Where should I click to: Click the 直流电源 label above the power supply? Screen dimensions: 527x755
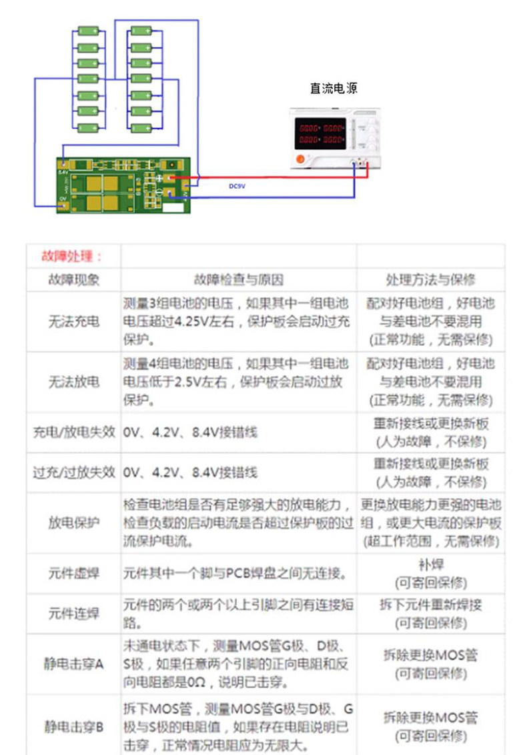click(x=334, y=88)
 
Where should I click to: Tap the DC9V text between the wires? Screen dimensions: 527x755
click(x=237, y=187)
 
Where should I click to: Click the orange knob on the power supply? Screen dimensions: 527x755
click(x=300, y=158)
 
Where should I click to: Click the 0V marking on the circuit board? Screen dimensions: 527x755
click(x=63, y=198)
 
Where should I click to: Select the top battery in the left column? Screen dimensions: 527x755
click(x=87, y=31)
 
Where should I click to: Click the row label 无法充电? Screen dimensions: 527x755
click(x=73, y=322)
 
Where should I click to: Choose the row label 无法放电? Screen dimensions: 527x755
click(x=73, y=382)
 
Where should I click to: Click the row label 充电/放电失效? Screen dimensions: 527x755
click(x=73, y=432)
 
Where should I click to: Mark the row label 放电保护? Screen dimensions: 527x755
click(x=73, y=522)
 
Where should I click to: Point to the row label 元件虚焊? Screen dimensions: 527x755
click(x=73, y=573)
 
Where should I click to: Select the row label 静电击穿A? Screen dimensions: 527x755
click(x=73, y=664)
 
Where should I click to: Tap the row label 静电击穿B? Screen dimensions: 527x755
click(x=73, y=726)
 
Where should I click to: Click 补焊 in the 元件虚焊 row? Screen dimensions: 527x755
click(x=430, y=563)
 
